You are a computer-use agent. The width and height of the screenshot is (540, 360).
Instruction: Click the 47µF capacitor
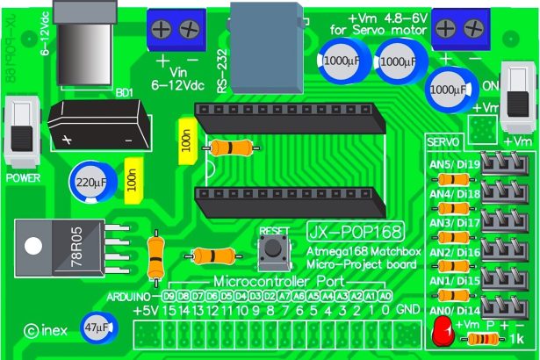pyautogui.click(x=98, y=327)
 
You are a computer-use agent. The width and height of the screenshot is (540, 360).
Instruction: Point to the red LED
pyautogui.click(x=441, y=333)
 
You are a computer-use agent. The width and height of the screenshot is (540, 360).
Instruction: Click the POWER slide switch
pyautogui.click(x=21, y=133)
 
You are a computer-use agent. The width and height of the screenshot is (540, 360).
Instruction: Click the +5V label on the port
pyautogui.click(x=147, y=310)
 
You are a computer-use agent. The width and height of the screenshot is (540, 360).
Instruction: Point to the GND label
pyautogui.click(x=407, y=310)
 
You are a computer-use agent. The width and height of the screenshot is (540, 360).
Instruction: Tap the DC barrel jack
pyautogui.click(x=85, y=27)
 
